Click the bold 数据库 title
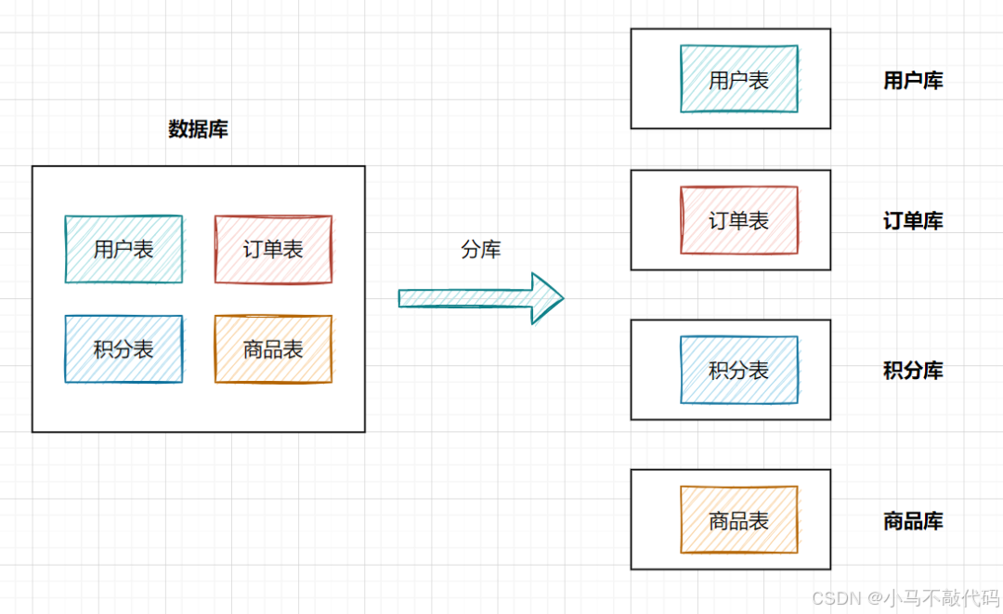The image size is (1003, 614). point(198,130)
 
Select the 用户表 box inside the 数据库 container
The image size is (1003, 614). point(124,249)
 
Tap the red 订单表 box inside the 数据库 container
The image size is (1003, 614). point(273,249)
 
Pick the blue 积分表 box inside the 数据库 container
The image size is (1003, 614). point(124,349)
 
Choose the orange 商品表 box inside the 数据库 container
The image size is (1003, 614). point(273,349)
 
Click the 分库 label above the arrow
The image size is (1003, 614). point(481,249)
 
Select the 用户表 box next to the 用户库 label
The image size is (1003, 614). point(739,80)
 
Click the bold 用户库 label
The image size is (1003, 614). point(913,81)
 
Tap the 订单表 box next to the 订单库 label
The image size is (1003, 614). point(739,220)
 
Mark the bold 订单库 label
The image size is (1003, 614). point(913,221)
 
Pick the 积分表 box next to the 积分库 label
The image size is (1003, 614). point(739,370)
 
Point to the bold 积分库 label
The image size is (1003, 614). point(913,371)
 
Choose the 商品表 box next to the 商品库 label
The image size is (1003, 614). point(739,520)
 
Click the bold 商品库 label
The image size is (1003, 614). point(913,521)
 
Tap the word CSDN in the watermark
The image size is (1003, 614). point(833,597)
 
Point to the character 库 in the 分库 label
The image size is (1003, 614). point(491,249)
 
